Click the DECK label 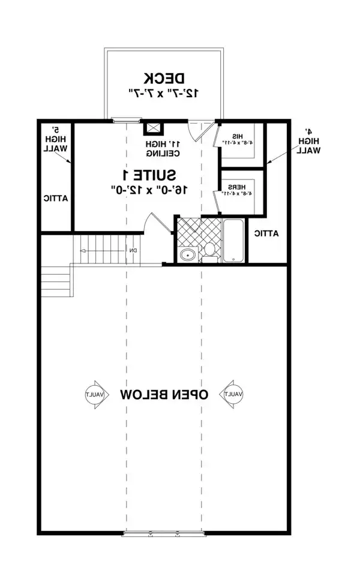[x=164, y=78]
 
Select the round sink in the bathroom [x=188, y=254]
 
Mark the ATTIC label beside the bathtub [x=266, y=234]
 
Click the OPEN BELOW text [x=164, y=394]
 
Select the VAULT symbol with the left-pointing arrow [x=94, y=394]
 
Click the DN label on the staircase [x=134, y=250]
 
